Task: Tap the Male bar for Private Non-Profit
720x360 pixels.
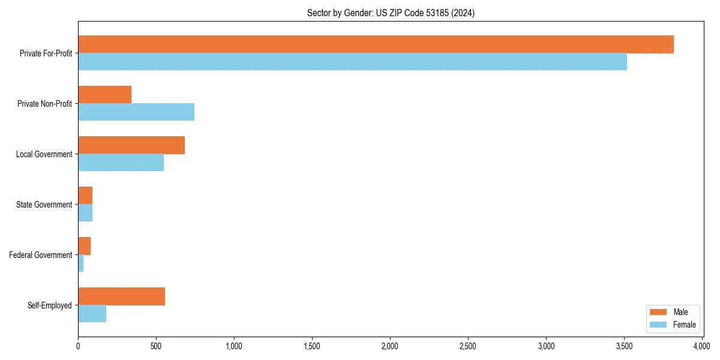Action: click(x=104, y=95)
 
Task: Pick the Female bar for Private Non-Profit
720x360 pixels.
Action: click(x=136, y=112)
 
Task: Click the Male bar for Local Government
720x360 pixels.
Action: click(x=131, y=145)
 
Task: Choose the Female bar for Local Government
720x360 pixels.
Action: click(x=121, y=163)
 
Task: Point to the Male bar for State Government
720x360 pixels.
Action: click(x=85, y=196)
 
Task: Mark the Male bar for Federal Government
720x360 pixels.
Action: click(x=84, y=246)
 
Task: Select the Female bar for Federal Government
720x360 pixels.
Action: click(x=80, y=263)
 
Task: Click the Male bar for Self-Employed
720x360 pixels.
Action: click(x=121, y=296)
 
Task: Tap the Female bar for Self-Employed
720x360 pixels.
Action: click(x=92, y=314)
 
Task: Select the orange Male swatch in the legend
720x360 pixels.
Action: click(x=658, y=312)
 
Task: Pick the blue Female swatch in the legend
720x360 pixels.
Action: click(x=658, y=325)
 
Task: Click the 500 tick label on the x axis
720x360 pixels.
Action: click(x=156, y=347)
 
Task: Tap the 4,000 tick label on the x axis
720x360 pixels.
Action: click(x=701, y=347)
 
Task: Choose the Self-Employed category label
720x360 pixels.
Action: click(x=50, y=305)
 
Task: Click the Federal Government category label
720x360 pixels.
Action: click(x=41, y=255)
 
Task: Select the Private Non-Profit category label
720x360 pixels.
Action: click(x=44, y=104)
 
